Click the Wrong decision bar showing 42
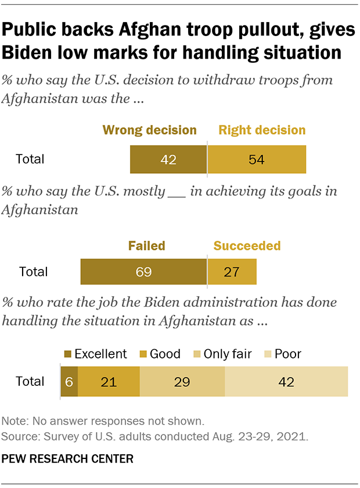(x=168, y=159)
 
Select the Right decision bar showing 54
(x=257, y=159)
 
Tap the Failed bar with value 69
(x=143, y=272)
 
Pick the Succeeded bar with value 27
(x=232, y=272)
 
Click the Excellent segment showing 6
(x=69, y=382)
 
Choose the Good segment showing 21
(x=109, y=382)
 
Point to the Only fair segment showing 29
(x=182, y=382)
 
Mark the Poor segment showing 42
(x=286, y=382)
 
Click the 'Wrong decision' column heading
(x=150, y=130)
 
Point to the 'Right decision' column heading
(x=262, y=130)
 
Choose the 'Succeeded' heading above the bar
(x=247, y=245)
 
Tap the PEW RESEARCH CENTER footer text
(x=68, y=459)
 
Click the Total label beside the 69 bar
(x=34, y=272)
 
